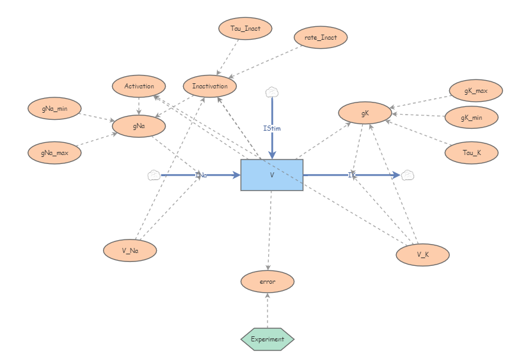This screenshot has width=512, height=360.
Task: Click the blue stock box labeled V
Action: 271,174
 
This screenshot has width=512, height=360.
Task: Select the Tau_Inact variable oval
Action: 244,28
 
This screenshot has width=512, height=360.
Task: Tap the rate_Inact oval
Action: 321,37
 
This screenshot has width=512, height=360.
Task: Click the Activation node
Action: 139,86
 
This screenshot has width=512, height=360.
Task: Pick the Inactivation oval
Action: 209,86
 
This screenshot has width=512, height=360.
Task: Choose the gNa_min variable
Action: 54,108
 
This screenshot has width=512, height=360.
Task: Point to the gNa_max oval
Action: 54,152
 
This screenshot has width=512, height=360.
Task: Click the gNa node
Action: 139,126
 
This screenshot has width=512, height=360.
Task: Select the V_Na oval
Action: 130,250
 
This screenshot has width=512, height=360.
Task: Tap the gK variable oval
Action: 365,113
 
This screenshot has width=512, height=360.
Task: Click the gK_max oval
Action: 476,91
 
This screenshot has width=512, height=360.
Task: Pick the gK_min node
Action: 472,118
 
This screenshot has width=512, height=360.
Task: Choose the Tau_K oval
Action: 472,152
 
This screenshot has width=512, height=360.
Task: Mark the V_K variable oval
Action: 422,254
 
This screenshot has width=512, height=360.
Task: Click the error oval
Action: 268,281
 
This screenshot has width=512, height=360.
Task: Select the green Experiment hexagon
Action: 268,339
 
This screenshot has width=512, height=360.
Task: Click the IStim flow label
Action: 272,128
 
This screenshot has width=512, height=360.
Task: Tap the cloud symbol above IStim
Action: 272,92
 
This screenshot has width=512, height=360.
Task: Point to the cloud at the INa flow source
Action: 154,175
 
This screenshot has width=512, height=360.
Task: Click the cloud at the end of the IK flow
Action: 407,175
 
